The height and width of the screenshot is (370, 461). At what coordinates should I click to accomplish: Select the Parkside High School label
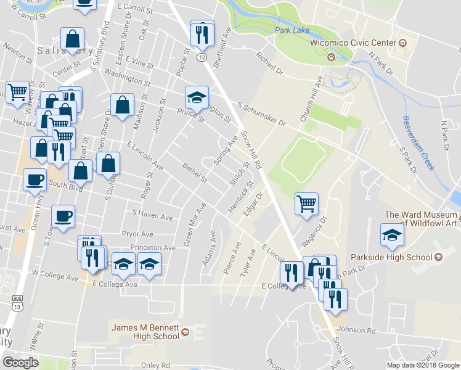pos(391,257)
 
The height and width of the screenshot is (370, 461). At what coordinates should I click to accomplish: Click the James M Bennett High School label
pos(144,331)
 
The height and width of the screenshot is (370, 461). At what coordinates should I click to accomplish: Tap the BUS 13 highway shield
pos(17,302)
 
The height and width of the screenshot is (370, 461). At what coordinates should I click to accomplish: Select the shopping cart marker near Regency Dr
pos(306,203)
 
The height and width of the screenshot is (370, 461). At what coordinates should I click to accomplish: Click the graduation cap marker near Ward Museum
pos(392,234)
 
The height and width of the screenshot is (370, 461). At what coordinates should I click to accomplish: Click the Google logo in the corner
pos(20,362)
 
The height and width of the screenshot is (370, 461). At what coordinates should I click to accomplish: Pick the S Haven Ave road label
pos(152,216)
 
